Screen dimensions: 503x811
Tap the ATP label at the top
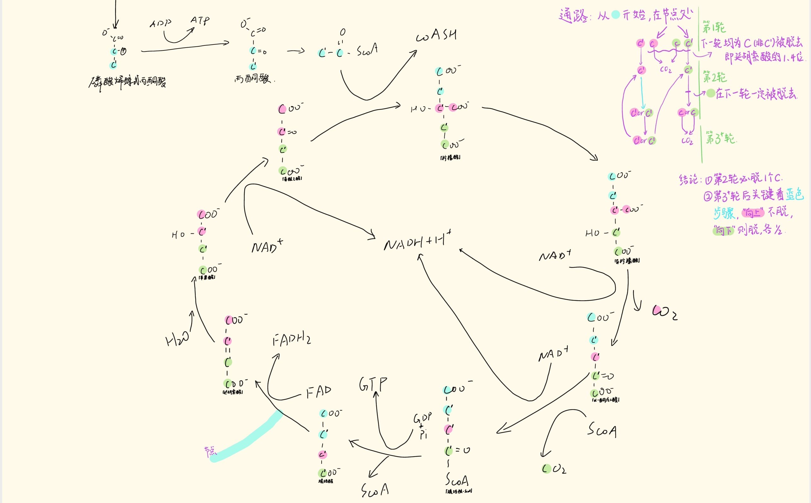(200, 20)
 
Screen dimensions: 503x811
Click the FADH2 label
(292, 340)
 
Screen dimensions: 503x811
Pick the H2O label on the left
(177, 339)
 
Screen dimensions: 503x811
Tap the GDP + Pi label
(423, 426)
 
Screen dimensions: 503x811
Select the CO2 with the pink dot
(664, 312)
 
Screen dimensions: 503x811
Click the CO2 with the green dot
(554, 469)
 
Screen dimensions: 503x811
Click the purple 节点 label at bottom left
(210, 451)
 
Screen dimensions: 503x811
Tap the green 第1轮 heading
(714, 27)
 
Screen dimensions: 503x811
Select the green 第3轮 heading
(720, 138)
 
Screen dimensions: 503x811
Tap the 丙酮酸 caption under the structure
(253, 79)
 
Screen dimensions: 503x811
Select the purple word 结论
(688, 180)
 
